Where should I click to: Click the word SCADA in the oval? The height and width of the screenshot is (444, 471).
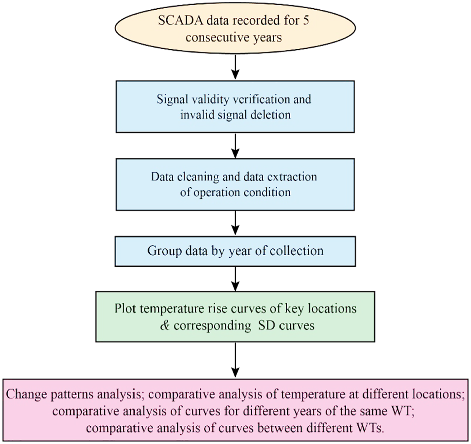tap(180, 21)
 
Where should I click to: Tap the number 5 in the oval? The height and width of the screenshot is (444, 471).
tap(306, 21)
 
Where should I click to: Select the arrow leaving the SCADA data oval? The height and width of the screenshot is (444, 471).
tap(235, 67)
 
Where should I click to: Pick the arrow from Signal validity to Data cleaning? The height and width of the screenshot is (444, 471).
tap(235, 145)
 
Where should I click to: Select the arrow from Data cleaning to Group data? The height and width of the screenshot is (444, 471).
tap(235, 223)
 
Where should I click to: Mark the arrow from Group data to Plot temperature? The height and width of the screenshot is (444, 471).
tap(235, 279)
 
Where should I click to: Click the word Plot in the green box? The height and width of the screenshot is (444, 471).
tap(125, 309)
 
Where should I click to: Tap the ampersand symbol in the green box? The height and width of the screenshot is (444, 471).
tap(165, 325)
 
